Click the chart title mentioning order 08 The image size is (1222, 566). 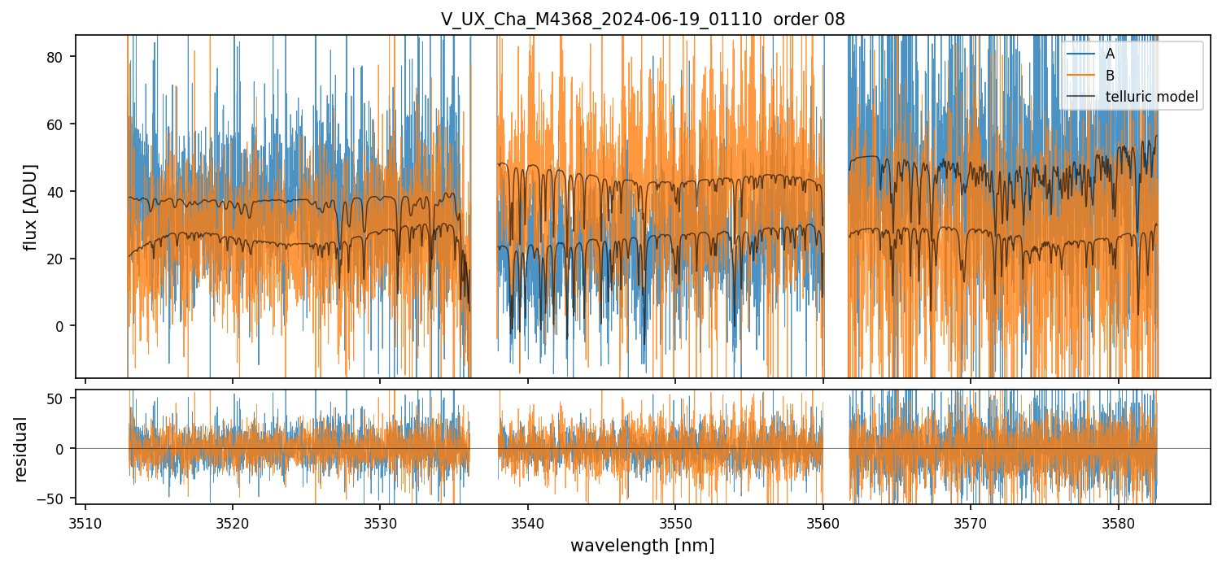click(x=643, y=20)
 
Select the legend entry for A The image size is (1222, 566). click(x=1110, y=54)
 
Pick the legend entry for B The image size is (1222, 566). click(x=1110, y=76)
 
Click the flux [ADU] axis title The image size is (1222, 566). click(x=31, y=207)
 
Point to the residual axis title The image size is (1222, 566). click(x=21, y=449)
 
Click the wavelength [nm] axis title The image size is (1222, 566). click(x=643, y=545)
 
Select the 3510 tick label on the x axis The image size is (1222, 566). click(x=85, y=522)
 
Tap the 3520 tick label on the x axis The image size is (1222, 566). click(x=233, y=522)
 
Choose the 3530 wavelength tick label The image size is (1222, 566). click(x=380, y=522)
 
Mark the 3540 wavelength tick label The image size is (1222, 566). click(x=528, y=522)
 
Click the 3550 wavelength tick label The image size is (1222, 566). click(x=675, y=522)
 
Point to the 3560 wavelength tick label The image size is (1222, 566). click(x=823, y=522)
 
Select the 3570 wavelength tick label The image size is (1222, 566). click(x=971, y=522)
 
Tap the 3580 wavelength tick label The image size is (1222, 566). click(x=1118, y=522)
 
